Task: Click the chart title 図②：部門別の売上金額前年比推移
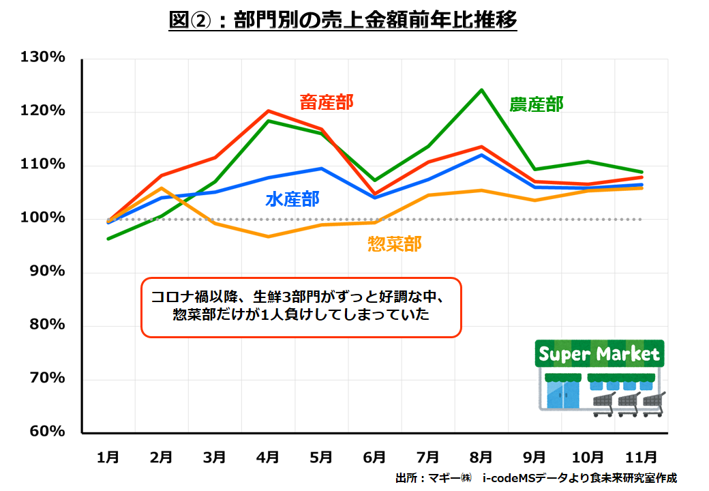pos(343,21)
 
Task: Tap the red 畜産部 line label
pos(327,102)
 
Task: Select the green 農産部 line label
pos(537,104)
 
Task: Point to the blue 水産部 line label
pos(292,199)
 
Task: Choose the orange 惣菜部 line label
pos(394,243)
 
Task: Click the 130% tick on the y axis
pos(43,58)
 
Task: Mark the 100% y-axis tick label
pos(43,218)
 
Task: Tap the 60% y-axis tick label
pos(47,432)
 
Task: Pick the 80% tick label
pos(47,325)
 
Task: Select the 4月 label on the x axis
pos(268,456)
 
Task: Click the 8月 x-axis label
pos(481,456)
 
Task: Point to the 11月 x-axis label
pos(641,456)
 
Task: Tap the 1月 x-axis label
pos(108,456)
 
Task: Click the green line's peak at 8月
pos(481,90)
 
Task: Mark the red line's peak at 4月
pos(269,110)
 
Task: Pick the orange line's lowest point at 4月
pos(269,237)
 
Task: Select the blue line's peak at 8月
pos(481,155)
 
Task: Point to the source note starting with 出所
pos(536,477)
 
